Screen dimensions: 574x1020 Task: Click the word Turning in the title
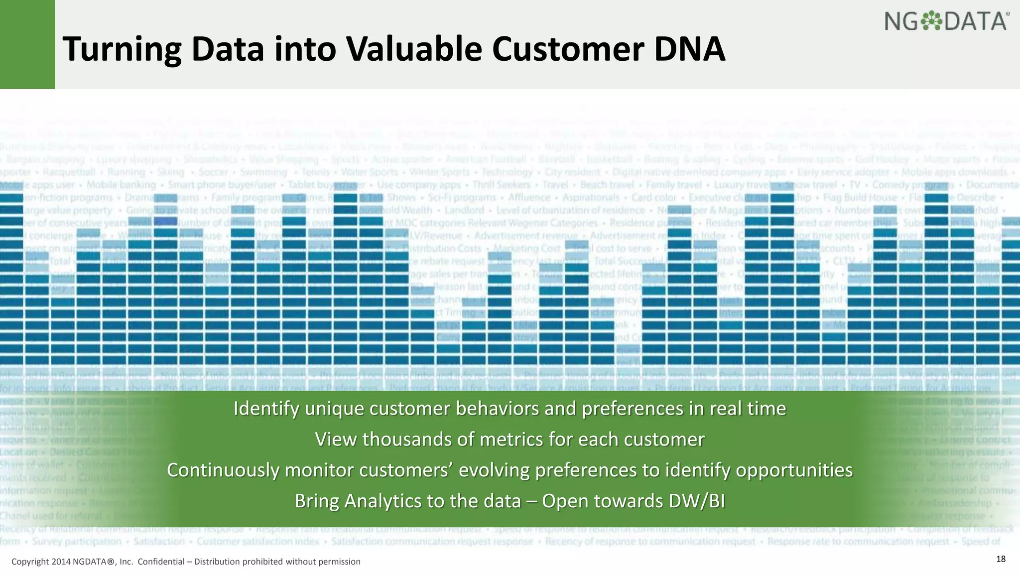coord(123,50)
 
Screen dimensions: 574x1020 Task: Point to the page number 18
coord(1001,559)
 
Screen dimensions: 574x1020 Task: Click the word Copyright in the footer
coord(30,562)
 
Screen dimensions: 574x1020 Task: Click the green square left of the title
coord(27,44)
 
